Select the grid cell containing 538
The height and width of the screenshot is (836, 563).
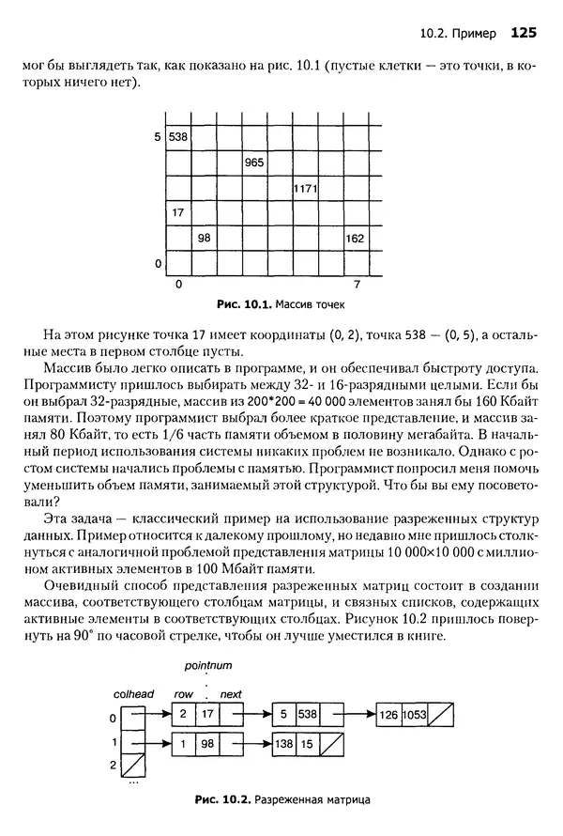pyautogui.click(x=178, y=137)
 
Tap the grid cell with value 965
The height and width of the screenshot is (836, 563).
pyautogui.click(x=254, y=163)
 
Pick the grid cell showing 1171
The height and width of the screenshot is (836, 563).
pyautogui.click(x=305, y=188)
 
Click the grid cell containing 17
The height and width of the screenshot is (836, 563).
pyautogui.click(x=178, y=213)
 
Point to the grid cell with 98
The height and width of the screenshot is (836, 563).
pyautogui.click(x=204, y=239)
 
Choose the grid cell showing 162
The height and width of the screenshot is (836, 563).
pyautogui.click(x=355, y=239)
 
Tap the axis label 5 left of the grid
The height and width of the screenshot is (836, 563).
pyautogui.click(x=158, y=137)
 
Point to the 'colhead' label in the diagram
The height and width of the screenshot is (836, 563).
pyautogui.click(x=133, y=695)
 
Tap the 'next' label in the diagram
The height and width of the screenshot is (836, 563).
pyautogui.click(x=230, y=695)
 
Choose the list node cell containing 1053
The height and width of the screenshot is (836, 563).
pyautogui.click(x=416, y=715)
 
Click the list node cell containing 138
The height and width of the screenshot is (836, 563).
pyautogui.click(x=282, y=743)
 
